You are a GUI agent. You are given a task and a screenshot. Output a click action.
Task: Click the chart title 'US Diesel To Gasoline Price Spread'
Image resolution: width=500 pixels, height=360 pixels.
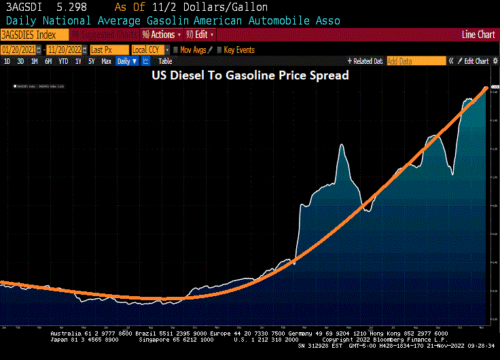(x=249, y=76)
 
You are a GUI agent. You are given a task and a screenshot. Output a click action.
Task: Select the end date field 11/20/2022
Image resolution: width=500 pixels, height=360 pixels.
(x=65, y=50)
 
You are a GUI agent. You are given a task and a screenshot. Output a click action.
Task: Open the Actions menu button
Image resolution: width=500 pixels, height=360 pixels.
(x=162, y=35)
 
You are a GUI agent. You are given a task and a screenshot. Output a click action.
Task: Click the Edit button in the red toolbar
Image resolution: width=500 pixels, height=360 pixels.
(x=200, y=35)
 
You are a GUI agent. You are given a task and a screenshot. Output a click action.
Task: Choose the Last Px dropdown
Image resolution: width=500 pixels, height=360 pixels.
(x=109, y=50)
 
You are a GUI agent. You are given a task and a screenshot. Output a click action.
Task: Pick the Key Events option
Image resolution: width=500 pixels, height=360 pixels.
(x=238, y=50)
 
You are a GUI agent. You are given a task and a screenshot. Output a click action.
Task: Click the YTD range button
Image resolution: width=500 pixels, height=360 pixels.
(x=63, y=61)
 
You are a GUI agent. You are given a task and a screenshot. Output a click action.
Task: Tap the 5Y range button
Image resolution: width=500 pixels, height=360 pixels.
(x=92, y=61)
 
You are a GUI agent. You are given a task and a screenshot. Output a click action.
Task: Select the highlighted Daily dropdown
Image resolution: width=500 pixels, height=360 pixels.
(x=126, y=61)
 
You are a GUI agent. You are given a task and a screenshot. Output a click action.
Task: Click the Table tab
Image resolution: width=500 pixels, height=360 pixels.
(x=165, y=61)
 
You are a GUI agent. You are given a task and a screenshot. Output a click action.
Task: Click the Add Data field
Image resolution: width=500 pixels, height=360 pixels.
(x=415, y=61)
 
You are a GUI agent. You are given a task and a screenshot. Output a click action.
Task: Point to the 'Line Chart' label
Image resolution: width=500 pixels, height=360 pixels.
(x=478, y=35)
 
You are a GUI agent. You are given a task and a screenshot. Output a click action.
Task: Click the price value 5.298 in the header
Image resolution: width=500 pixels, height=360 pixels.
(x=71, y=7)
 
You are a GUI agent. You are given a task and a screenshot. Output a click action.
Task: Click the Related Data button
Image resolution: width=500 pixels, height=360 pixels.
(x=365, y=61)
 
